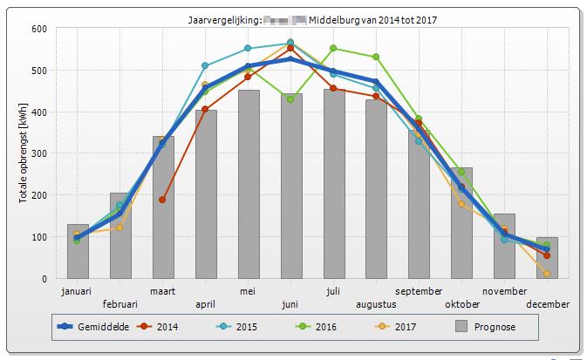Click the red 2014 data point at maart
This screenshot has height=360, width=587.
tap(162, 200)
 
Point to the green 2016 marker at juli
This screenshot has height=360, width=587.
tap(333, 49)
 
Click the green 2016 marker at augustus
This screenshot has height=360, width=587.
tap(376, 57)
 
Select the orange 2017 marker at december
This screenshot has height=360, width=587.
tap(547, 274)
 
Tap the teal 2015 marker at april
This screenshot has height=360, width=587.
tap(205, 65)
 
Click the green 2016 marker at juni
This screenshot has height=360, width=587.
tap(290, 99)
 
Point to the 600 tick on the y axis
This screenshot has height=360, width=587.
tap(39, 29)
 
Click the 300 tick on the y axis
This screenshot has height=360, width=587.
tap(39, 153)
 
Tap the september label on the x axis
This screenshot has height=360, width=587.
tap(419, 292)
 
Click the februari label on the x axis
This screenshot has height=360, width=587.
tap(120, 304)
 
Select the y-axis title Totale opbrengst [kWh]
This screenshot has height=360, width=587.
tap(23, 153)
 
